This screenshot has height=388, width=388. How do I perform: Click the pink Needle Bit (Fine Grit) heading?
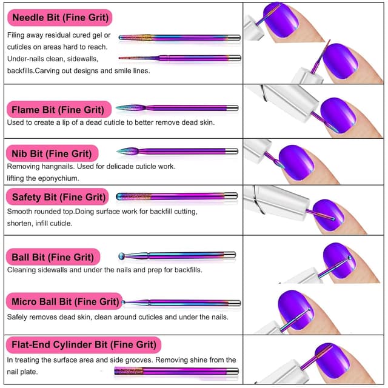coord(59,17)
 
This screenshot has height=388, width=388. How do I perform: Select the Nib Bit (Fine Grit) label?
coord(52,153)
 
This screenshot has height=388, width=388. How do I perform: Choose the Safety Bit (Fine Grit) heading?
coord(58,197)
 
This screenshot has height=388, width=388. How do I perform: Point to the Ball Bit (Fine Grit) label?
coord(53,257)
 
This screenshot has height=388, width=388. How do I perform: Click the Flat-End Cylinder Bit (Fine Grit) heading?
coord(84,345)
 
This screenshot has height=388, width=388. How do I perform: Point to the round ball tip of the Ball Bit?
coord(122,256)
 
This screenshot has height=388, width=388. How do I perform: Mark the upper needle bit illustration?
coord(179,38)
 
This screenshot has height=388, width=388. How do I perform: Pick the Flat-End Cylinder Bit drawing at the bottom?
coord(176,371)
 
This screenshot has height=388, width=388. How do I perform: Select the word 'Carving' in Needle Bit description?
coord(94,70)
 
